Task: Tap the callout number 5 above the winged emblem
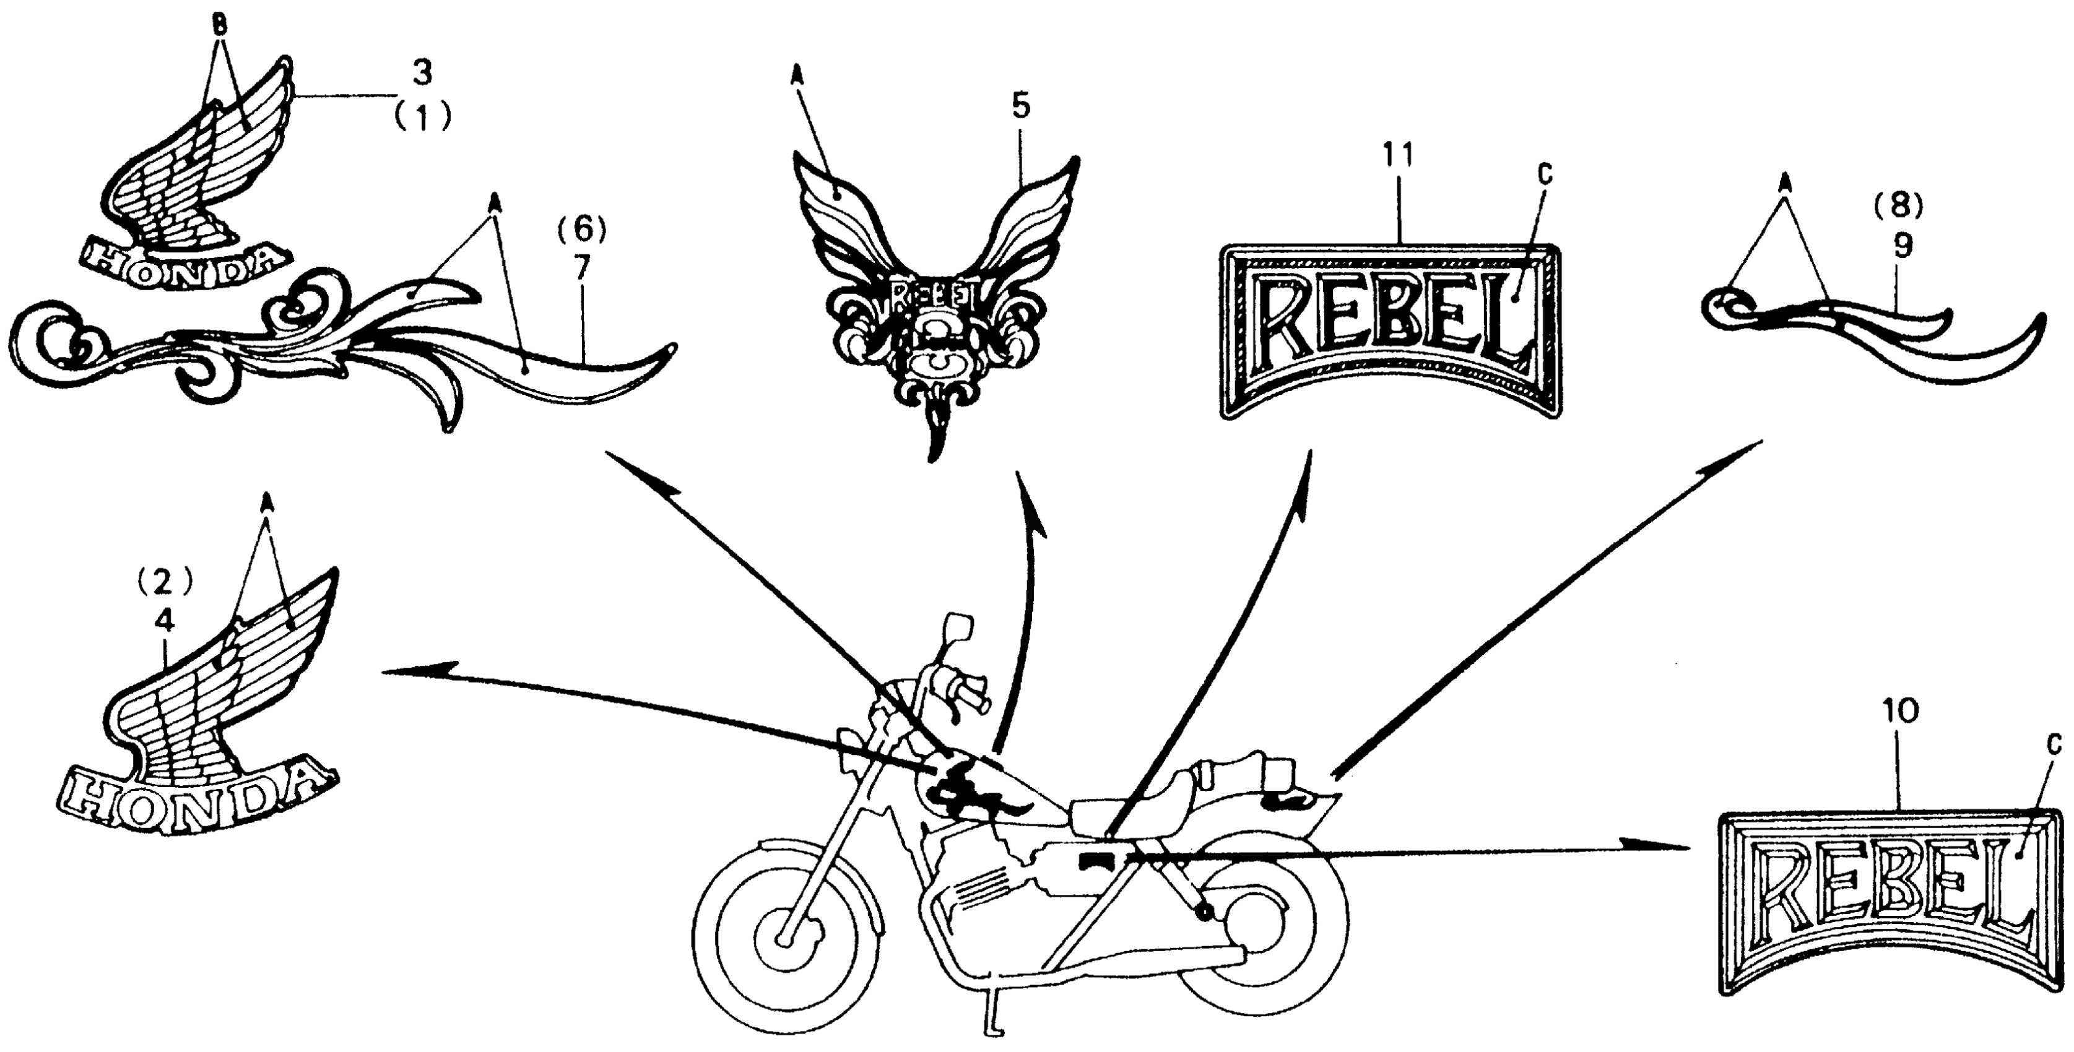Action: (x=1021, y=107)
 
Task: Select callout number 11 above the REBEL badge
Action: (x=1399, y=155)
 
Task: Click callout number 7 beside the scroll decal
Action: (x=582, y=269)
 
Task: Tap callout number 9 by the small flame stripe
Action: (x=1902, y=247)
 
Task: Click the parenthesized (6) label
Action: (x=582, y=231)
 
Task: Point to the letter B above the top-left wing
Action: (x=217, y=24)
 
